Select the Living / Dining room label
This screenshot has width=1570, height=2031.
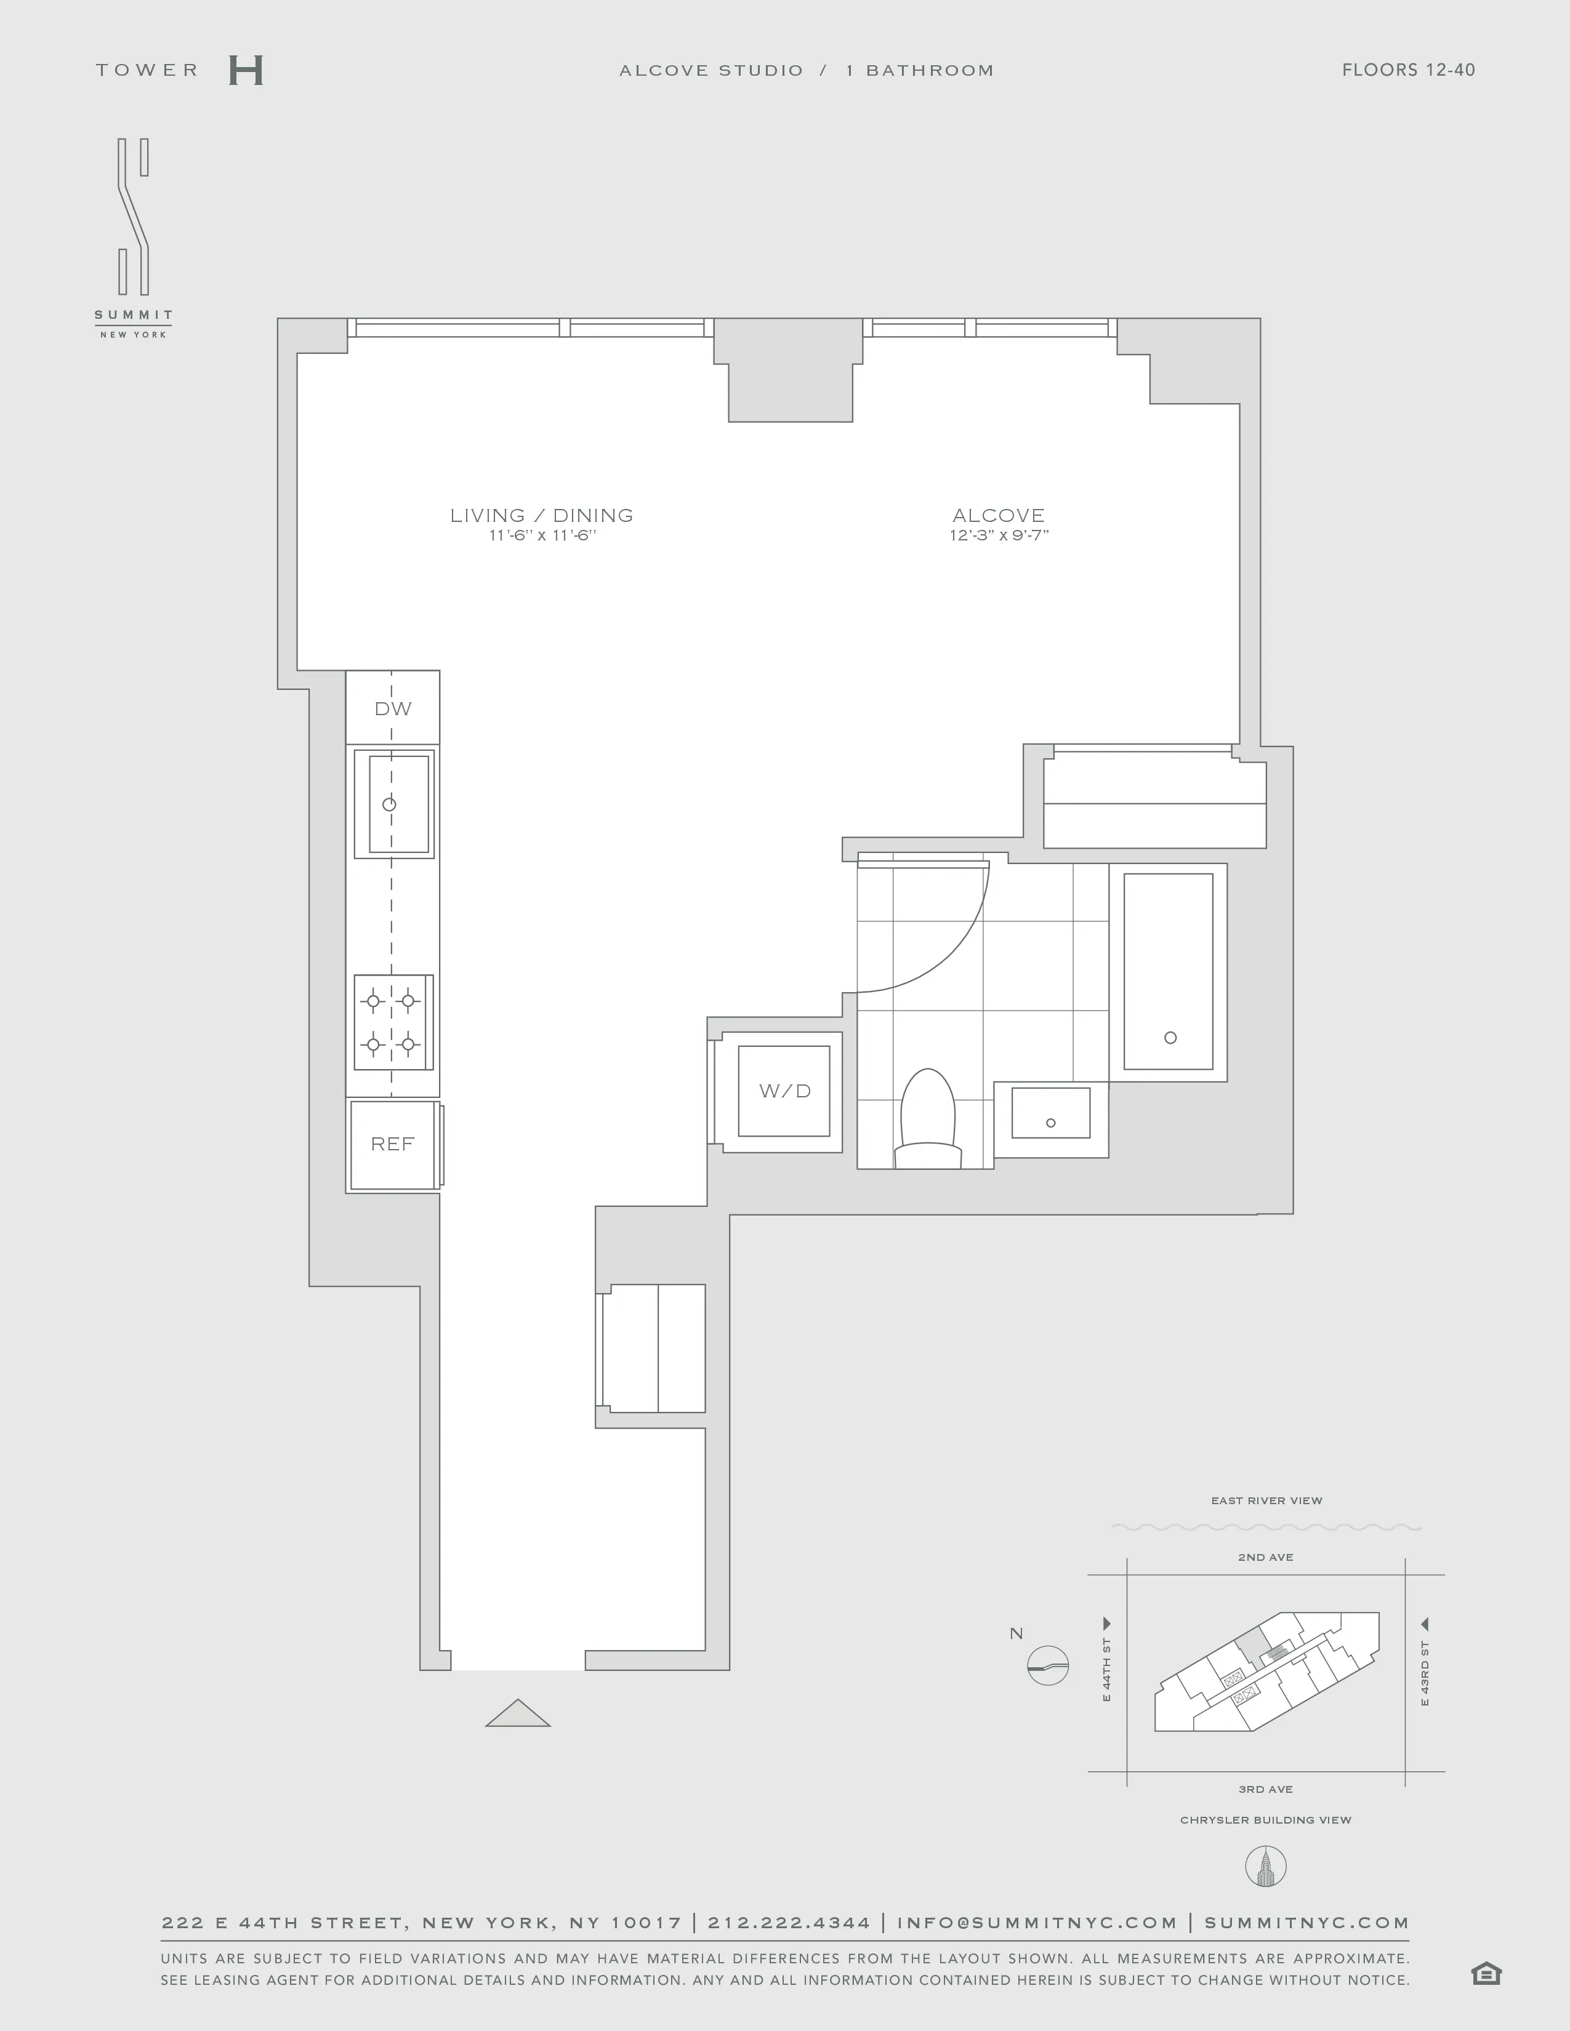tap(541, 515)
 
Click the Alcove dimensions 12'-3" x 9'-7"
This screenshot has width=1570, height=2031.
tap(999, 535)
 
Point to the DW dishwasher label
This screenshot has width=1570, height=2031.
tap(393, 708)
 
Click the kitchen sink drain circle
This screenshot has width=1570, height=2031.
tap(390, 804)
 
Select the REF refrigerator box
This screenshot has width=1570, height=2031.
tap(393, 1145)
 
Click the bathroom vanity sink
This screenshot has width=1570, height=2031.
tap(1051, 1114)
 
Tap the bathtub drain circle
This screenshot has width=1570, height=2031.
tap(1170, 1038)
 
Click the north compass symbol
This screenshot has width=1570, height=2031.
tap(1049, 1665)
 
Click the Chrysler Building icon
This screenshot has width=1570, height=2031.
tap(1265, 1867)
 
